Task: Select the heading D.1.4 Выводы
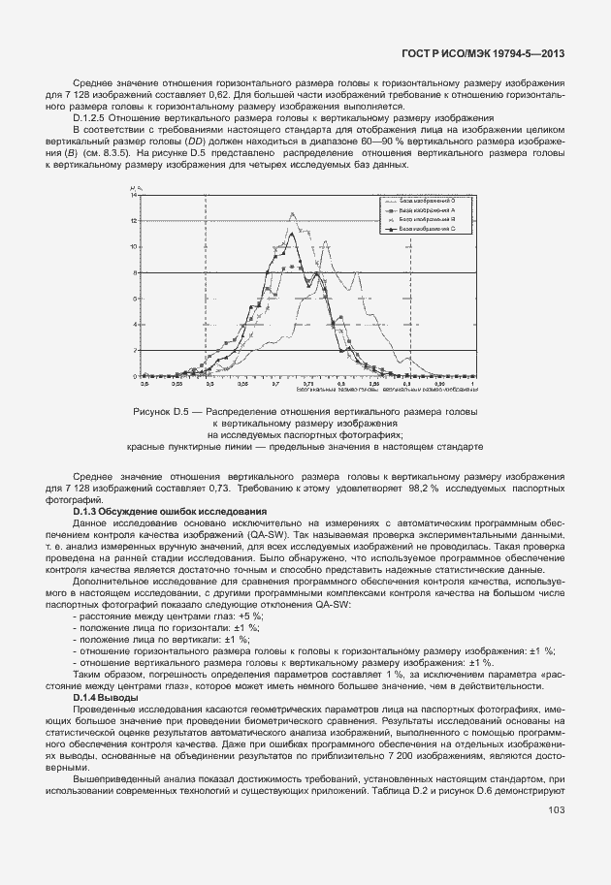click(106, 698)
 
